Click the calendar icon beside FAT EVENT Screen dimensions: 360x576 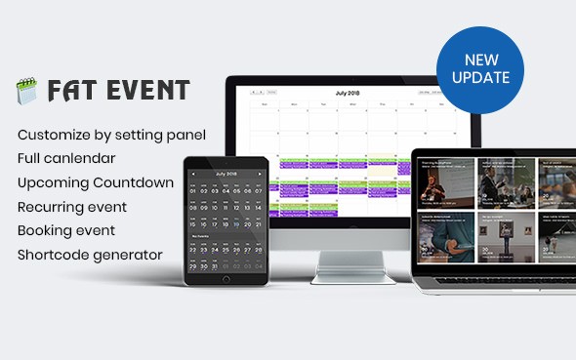coord(25,91)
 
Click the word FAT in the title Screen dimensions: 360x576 coord(66,91)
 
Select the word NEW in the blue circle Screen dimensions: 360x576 coord(480,58)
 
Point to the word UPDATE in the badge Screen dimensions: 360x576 coord(480,76)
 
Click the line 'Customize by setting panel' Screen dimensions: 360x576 coord(112,134)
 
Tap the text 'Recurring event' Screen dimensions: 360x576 coord(72,207)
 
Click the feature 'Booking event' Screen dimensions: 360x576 coord(66,231)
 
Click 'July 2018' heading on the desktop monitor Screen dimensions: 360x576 coord(349,93)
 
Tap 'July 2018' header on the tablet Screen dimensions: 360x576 coord(226,173)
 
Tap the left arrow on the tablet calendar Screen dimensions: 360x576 coord(192,173)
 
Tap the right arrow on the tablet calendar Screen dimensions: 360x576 coord(259,173)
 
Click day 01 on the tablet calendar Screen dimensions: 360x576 coord(192,193)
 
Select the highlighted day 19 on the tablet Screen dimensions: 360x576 coord(236,221)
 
